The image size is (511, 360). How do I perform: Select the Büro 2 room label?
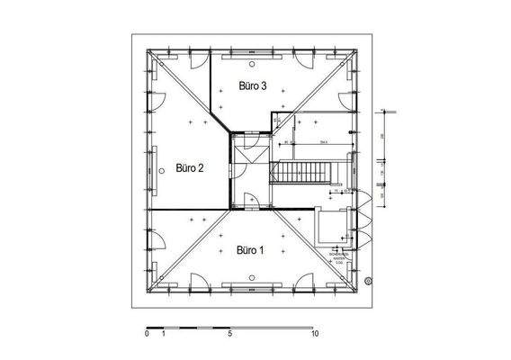[x=190, y=166]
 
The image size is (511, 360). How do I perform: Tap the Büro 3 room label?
[x=253, y=86]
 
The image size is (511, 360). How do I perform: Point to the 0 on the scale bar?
[x=147, y=333]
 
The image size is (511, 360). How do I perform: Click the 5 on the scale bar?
[x=230, y=333]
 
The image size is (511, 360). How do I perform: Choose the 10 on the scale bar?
[x=314, y=333]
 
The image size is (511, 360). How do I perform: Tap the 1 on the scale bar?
[x=164, y=333]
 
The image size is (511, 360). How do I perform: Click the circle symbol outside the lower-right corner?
[x=368, y=281]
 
